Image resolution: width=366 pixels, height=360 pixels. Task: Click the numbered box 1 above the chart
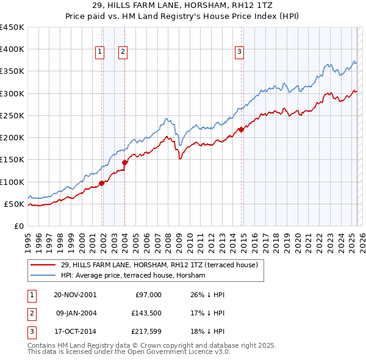[x=99, y=52]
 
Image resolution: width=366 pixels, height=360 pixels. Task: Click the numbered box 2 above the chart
[x=123, y=52]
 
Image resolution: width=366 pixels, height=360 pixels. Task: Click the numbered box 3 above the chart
[x=240, y=52]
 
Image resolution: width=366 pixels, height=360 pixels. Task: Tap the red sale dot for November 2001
[x=102, y=183]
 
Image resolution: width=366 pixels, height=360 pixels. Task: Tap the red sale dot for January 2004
[x=124, y=162]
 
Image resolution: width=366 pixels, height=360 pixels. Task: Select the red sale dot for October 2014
[x=241, y=129]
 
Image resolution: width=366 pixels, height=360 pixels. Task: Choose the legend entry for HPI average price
[x=133, y=275]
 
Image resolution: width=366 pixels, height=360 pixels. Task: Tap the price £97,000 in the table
[x=148, y=295]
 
